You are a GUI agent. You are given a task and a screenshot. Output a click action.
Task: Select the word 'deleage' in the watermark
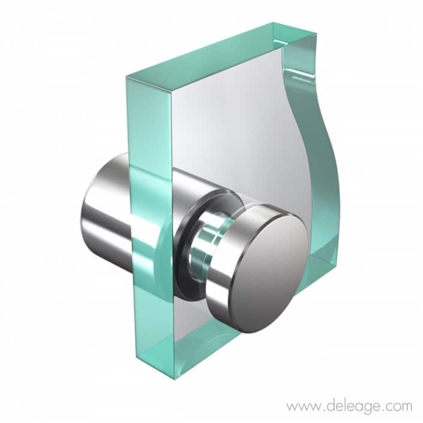(x=347, y=406)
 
